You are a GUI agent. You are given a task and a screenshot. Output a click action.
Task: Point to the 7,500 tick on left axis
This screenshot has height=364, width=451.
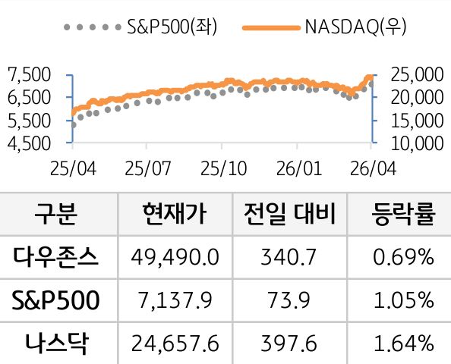click(28, 74)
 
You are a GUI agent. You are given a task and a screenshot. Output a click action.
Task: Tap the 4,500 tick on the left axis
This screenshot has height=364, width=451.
click(28, 142)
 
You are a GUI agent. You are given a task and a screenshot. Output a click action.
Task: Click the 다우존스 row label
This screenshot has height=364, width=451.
click(55, 257)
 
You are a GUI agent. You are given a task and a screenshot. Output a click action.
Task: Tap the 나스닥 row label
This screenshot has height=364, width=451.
click(55, 344)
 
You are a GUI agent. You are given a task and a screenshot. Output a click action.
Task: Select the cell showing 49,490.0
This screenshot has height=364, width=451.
click(174, 258)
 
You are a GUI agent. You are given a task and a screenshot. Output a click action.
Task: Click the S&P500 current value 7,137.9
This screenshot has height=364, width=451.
click(174, 301)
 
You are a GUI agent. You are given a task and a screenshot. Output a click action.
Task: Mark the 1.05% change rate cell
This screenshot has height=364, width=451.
click(403, 301)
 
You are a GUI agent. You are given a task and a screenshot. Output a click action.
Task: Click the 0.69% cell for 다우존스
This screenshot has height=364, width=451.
click(403, 258)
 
